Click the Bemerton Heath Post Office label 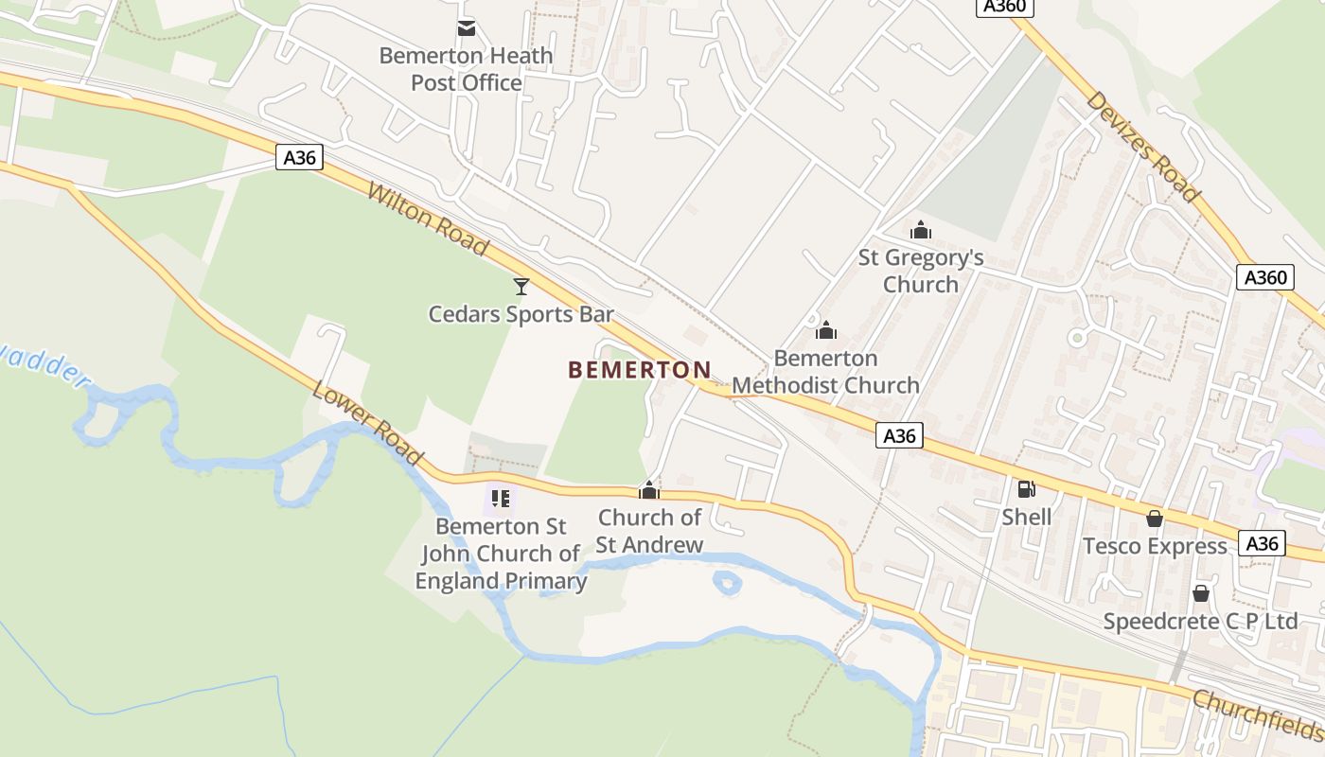click(x=466, y=69)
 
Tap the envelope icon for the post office click(x=467, y=27)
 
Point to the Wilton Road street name click(x=428, y=220)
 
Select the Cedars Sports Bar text click(x=521, y=314)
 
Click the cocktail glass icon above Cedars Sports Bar click(x=521, y=286)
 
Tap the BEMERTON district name click(x=640, y=370)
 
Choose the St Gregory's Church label click(x=921, y=271)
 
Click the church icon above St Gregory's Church click(x=921, y=230)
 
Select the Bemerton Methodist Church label click(x=826, y=372)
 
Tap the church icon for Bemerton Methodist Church click(x=826, y=330)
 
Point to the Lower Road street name click(x=367, y=424)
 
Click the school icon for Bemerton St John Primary click(x=501, y=498)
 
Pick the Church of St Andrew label click(x=649, y=531)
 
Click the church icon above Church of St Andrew click(x=649, y=490)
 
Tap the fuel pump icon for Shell click(x=1026, y=489)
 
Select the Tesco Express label click(x=1155, y=546)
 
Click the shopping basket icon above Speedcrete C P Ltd click(x=1201, y=593)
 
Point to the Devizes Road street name click(x=1143, y=147)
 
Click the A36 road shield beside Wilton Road click(x=300, y=157)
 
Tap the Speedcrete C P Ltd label click(x=1201, y=622)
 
